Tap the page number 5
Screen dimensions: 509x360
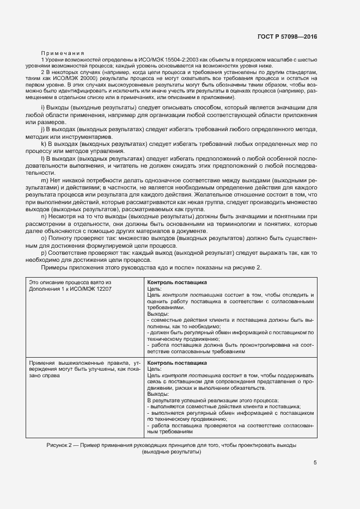315,463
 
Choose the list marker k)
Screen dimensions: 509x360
44,144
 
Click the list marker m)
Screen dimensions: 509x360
45,179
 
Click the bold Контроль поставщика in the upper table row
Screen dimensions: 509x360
177,283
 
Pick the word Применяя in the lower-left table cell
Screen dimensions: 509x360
43,363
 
